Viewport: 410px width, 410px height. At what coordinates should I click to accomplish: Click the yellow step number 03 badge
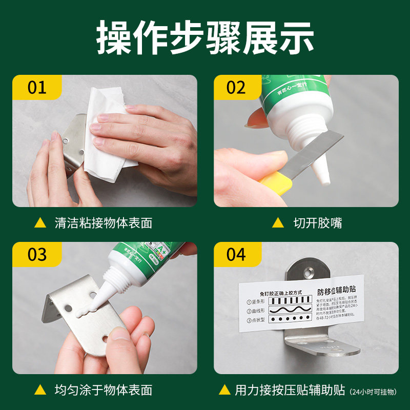click(37, 254)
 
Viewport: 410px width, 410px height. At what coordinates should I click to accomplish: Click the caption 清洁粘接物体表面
click(103, 223)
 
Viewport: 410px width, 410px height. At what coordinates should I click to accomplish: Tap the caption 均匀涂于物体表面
click(103, 390)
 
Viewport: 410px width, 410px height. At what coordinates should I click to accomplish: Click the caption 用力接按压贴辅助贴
click(290, 390)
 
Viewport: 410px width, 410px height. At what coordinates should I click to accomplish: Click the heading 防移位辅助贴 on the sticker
click(340, 293)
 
